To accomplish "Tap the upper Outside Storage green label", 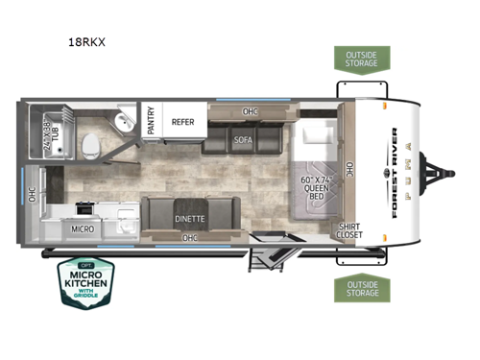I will click(362, 58).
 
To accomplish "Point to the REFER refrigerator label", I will click(183, 122).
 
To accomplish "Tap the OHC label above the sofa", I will click(251, 110).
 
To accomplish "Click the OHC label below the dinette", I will click(190, 238).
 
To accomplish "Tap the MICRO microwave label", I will click(83, 229).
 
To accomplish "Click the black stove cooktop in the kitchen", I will click(84, 206).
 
